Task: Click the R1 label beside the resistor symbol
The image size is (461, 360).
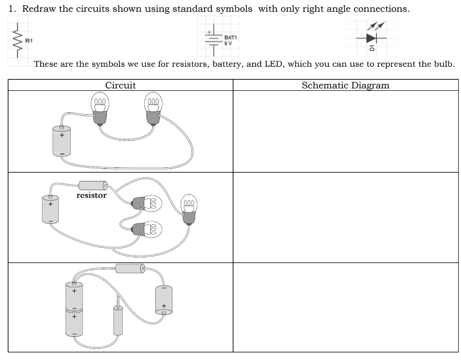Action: pyautogui.click(x=28, y=42)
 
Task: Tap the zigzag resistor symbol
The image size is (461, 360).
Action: pyautogui.click(x=18, y=42)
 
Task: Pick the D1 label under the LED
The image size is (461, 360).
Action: pyautogui.click(x=372, y=48)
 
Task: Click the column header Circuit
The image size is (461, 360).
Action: pyautogui.click(x=120, y=86)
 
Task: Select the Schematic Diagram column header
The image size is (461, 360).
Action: pyautogui.click(x=345, y=86)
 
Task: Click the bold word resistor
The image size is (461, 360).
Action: pyautogui.click(x=91, y=195)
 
